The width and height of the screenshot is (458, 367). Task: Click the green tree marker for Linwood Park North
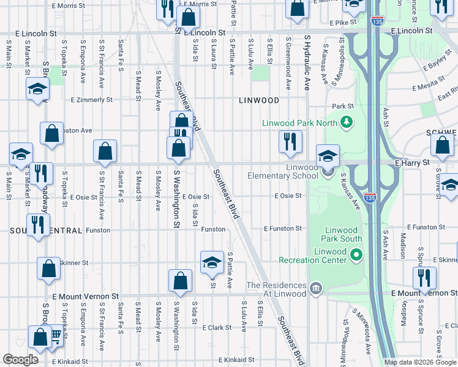click(347, 122)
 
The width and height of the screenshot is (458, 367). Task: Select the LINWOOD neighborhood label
click(258, 100)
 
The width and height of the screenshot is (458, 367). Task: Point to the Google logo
click(20, 359)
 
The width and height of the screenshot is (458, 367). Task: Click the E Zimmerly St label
click(92, 99)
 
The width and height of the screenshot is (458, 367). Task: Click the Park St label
click(343, 105)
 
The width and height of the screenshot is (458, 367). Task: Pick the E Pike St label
click(342, 23)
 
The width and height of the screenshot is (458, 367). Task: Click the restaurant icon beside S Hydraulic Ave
click(290, 141)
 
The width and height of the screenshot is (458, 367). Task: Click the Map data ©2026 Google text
click(419, 362)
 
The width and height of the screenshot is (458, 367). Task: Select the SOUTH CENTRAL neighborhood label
click(46, 231)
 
